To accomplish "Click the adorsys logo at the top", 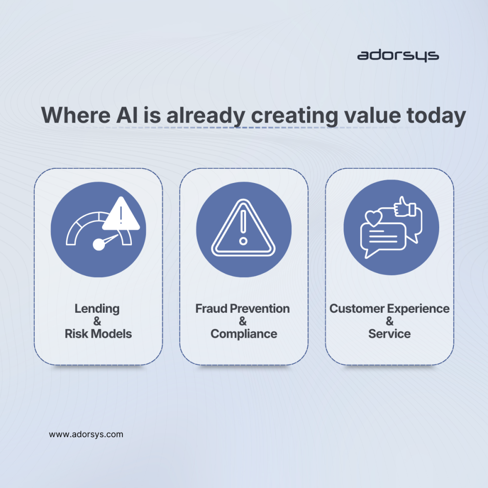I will point(398,56).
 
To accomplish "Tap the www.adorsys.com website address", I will point(86,434).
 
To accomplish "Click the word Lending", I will point(97,308).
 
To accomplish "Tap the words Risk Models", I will point(98,334).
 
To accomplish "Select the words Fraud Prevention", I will point(243,308).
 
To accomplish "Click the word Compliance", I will point(244,334).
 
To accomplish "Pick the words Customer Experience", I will point(389,308).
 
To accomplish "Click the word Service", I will point(389,334).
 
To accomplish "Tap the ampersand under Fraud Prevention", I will point(243,321).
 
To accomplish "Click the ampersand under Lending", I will point(97,321).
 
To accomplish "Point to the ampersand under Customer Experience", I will point(389,321).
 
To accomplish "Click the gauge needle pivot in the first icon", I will point(99,244).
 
